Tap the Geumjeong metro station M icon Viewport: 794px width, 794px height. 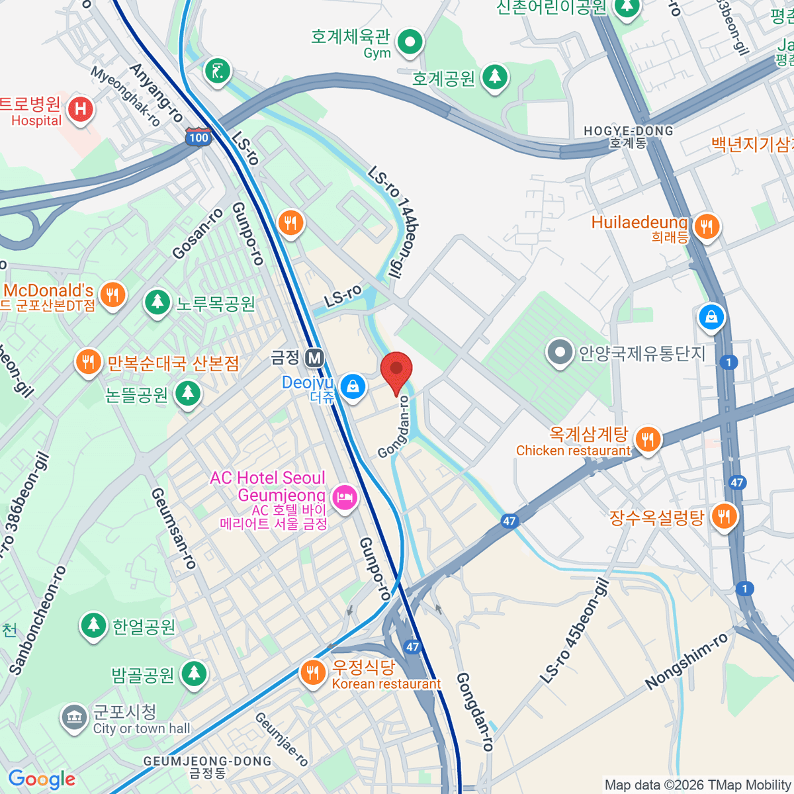point(314,359)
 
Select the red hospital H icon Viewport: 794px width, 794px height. point(81,108)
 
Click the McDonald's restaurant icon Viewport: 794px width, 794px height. point(113,294)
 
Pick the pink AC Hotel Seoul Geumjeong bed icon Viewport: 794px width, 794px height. point(344,497)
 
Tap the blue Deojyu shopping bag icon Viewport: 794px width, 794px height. point(353,386)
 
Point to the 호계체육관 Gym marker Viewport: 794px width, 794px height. point(410,42)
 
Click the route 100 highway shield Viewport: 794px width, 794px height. point(198,137)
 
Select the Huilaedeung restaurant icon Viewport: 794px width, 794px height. point(707,227)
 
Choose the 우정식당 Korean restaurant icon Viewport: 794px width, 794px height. point(312,672)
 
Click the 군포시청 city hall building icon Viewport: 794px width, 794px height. point(73,718)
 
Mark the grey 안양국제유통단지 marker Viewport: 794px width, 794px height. point(560,353)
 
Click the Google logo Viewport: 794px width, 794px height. point(42,779)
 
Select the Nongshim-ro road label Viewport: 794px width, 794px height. point(687,660)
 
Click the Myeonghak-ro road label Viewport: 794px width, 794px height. point(126,97)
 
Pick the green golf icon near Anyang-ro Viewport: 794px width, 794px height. point(217,69)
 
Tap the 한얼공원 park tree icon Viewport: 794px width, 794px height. point(93,625)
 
